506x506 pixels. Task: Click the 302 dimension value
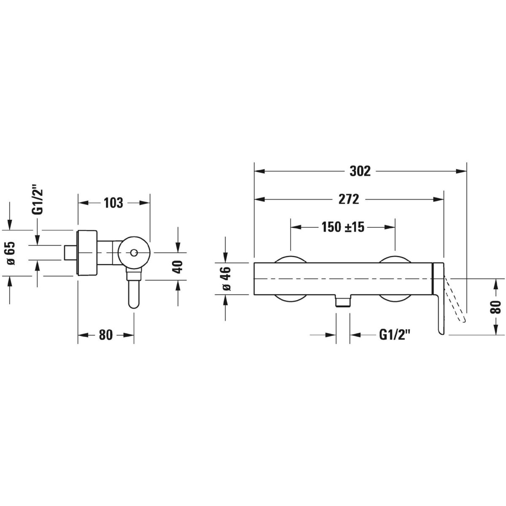[x=360, y=172]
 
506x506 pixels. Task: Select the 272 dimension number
[x=348, y=199]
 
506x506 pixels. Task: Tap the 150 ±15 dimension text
[x=343, y=227]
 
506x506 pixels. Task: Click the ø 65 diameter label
[x=11, y=253]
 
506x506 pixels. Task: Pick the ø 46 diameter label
[x=227, y=278]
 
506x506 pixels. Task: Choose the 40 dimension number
[x=178, y=267]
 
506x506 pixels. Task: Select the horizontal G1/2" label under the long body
[x=393, y=335]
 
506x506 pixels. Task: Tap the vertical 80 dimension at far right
[x=495, y=307]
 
